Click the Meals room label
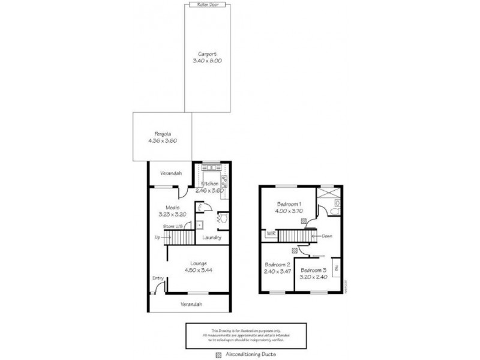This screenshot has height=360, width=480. coord(164,207)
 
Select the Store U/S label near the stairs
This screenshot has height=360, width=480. coord(174,226)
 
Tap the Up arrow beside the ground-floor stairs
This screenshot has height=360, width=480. coord(158,237)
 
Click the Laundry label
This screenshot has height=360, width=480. coord(212,237)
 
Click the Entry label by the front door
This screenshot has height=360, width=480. coord(158,278)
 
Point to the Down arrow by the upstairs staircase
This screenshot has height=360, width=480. coord(326,236)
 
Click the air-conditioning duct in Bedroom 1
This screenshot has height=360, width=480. coord(304,221)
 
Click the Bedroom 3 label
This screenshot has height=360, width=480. coord(314,271)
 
